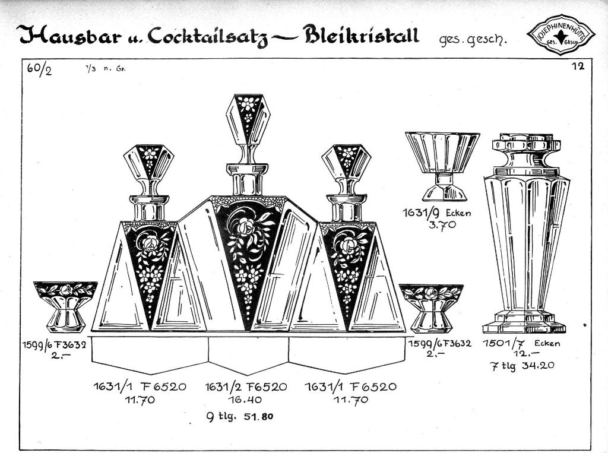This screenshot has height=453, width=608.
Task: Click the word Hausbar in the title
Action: click(69, 35)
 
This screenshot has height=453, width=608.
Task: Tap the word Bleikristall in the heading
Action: click(362, 35)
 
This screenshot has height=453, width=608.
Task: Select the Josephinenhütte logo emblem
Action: click(561, 35)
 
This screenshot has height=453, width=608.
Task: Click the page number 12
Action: click(578, 66)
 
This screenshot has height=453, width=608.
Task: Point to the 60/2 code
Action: click(39, 70)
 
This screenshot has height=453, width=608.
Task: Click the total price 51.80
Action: click(259, 417)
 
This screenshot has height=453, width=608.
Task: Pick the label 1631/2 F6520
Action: click(246, 387)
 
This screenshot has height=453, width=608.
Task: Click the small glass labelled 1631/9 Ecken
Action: click(442, 166)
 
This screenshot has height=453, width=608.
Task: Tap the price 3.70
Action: click(442, 225)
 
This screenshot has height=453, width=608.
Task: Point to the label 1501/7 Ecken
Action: click(521, 343)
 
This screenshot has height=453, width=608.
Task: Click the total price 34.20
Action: click(539, 365)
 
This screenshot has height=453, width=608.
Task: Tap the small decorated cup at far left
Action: click(65, 306)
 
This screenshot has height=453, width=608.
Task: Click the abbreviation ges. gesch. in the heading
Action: click(473, 39)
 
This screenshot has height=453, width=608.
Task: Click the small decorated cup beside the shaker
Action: click(431, 308)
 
